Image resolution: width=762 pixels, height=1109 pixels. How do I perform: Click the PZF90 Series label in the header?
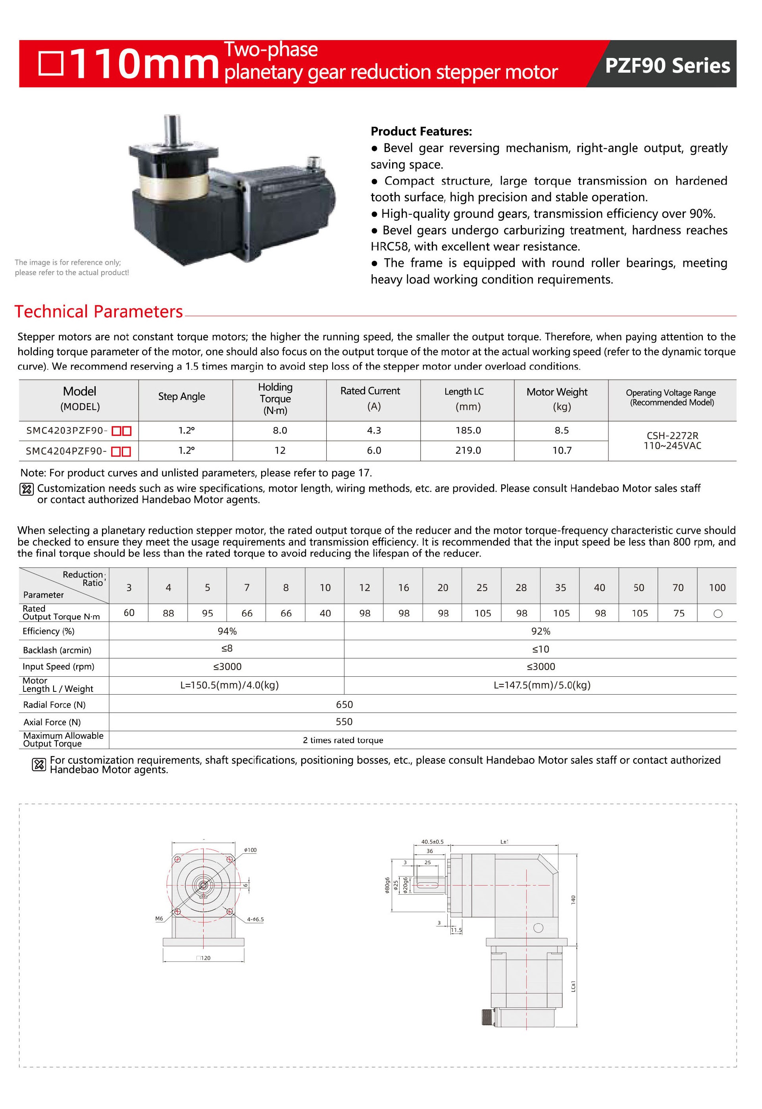(667, 65)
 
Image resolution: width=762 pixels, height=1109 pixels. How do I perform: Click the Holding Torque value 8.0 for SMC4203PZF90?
(280, 431)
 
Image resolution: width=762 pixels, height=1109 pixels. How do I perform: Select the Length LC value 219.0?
(468, 451)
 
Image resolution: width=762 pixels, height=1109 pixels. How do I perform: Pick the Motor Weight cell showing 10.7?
(562, 451)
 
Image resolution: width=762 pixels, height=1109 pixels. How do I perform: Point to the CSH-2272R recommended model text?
(672, 435)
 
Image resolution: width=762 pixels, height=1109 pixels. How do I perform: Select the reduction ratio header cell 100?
(717, 588)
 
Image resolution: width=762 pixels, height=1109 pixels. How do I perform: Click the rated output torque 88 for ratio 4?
(168, 614)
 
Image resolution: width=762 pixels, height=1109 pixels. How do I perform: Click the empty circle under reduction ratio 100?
(717, 614)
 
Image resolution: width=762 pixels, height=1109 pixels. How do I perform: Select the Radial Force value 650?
(344, 705)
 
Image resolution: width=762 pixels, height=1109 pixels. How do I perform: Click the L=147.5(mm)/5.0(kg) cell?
(541, 685)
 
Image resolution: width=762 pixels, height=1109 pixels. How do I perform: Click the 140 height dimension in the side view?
(573, 899)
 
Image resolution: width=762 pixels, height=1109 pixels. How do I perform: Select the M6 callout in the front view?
(159, 918)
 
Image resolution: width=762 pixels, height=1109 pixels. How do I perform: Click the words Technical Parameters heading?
(98, 312)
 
